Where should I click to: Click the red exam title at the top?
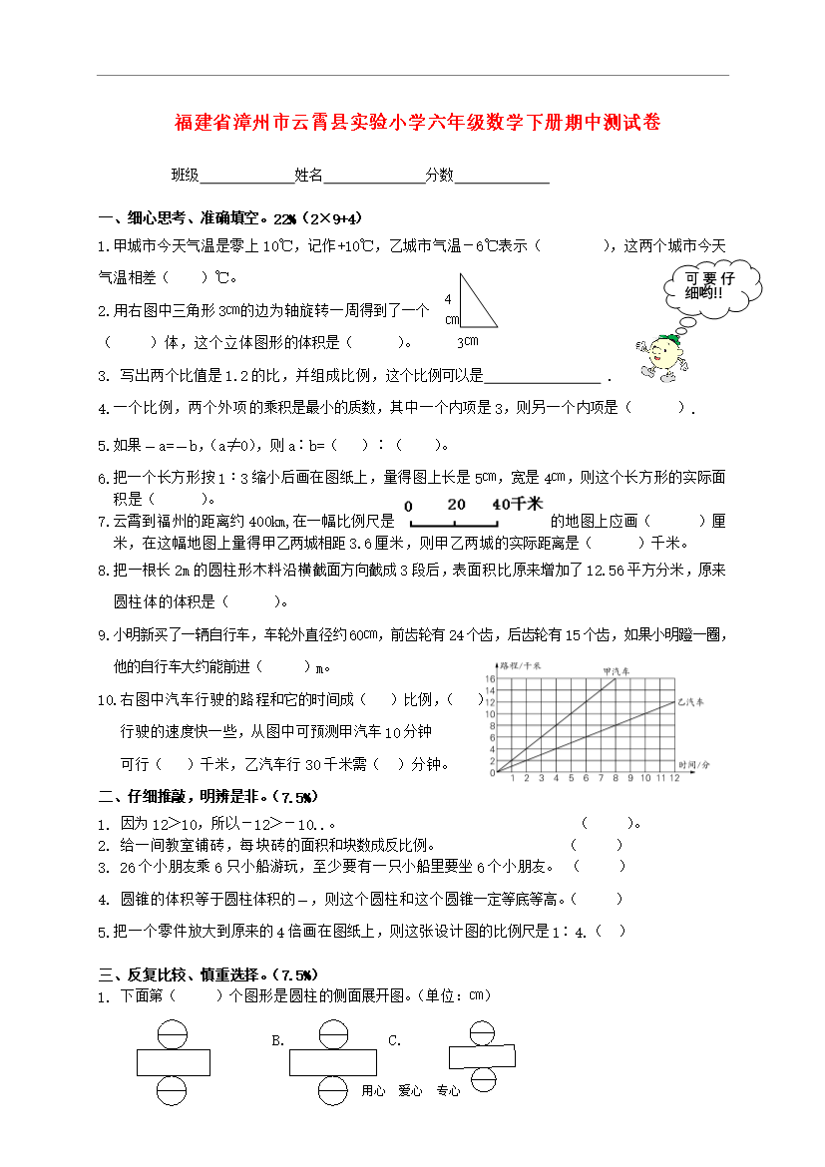[x=417, y=123]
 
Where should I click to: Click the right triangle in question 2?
[x=474, y=304]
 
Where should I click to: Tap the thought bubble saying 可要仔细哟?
[x=709, y=287]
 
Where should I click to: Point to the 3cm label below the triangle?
[x=467, y=341]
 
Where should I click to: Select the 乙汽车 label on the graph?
[x=690, y=702]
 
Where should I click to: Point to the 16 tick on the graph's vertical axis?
[x=490, y=679]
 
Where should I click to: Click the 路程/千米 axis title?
[x=520, y=664]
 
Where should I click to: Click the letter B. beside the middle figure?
[x=278, y=1041]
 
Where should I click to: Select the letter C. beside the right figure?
[x=394, y=1041]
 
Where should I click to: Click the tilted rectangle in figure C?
[x=483, y=1055]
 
